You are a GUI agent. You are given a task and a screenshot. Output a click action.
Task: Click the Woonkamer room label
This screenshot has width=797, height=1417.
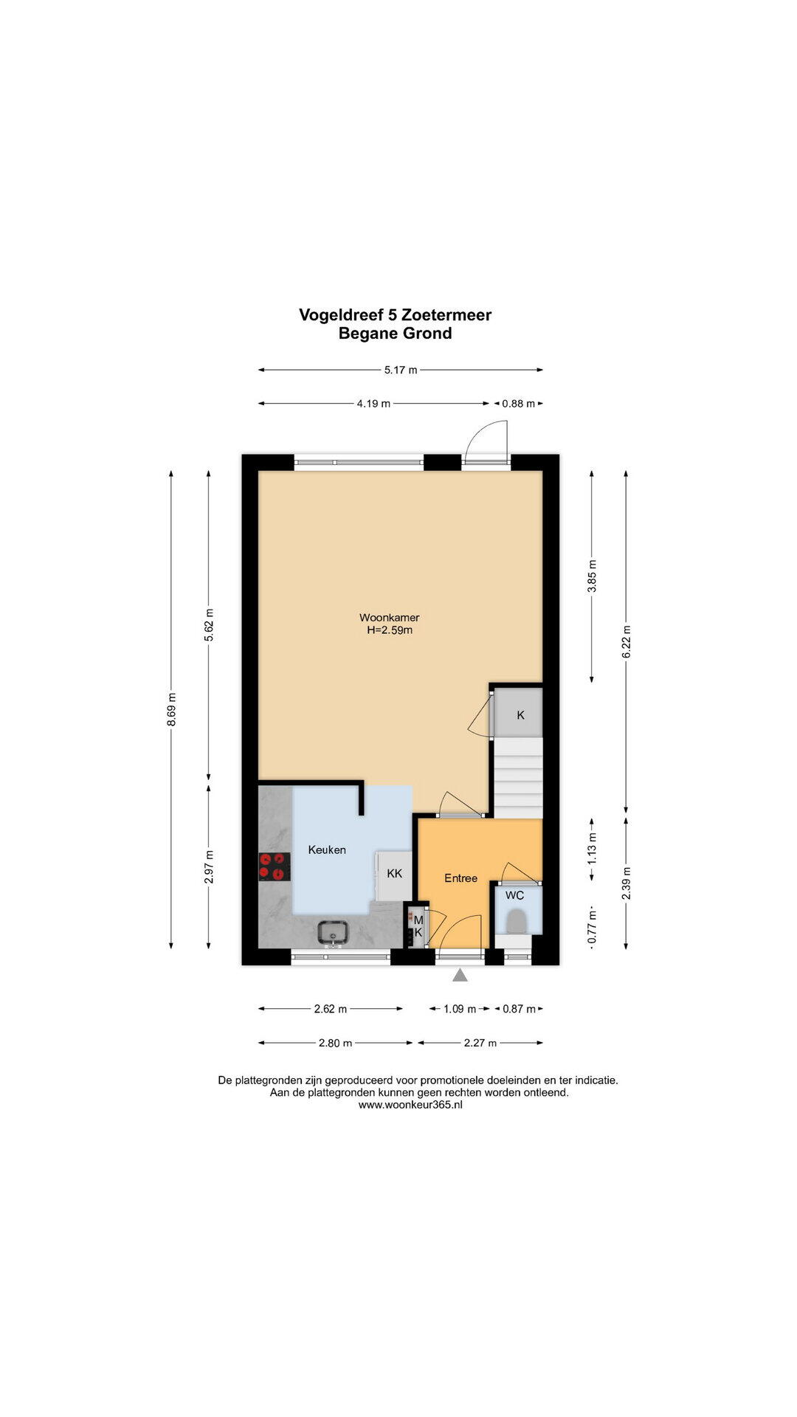coord(389,618)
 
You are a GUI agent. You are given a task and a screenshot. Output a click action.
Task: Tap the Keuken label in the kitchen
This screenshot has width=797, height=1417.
coord(327,850)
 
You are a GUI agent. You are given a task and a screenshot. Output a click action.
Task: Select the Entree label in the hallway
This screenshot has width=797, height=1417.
coord(460,878)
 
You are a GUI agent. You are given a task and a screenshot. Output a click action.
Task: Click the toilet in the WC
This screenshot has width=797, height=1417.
coord(517,920)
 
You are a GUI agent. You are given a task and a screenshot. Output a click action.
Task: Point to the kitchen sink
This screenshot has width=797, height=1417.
coord(334,933)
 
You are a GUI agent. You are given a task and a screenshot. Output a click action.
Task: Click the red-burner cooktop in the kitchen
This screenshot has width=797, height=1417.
coord(274,866)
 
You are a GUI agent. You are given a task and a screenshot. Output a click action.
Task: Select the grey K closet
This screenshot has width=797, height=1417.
coord(519,714)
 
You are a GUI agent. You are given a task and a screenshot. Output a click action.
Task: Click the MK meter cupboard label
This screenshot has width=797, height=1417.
coord(418,926)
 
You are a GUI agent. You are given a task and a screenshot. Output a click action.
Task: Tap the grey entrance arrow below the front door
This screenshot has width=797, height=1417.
coord(460,976)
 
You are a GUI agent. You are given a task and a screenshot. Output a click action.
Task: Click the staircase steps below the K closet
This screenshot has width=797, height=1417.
coord(518,777)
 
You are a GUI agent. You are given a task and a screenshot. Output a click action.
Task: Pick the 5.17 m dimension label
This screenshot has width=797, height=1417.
coord(401,370)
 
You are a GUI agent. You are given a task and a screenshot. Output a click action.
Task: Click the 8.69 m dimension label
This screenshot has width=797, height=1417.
coord(171,709)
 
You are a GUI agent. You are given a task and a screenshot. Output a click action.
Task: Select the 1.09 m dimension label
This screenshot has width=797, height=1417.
coord(460,1009)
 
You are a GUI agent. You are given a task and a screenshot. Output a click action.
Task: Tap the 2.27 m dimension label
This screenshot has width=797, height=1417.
coord(480,1043)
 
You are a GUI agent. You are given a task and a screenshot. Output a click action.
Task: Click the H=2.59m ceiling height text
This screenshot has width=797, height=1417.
coord(390,630)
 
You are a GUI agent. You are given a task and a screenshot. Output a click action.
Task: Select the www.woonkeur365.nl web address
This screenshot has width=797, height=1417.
coord(410,1105)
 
